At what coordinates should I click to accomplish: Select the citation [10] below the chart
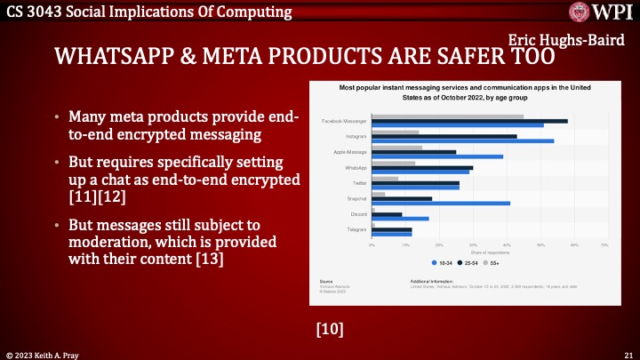(x=330, y=330)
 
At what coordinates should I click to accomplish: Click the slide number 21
(x=628, y=354)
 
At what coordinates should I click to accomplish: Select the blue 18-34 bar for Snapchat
(x=441, y=204)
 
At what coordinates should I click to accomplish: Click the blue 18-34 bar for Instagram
(x=462, y=140)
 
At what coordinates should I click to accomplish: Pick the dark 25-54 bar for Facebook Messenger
(x=469, y=121)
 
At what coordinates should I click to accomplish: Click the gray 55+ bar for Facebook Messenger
(x=447, y=116)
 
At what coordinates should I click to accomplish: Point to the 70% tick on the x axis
(x=604, y=244)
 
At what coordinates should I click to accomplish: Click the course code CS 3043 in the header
(x=33, y=12)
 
